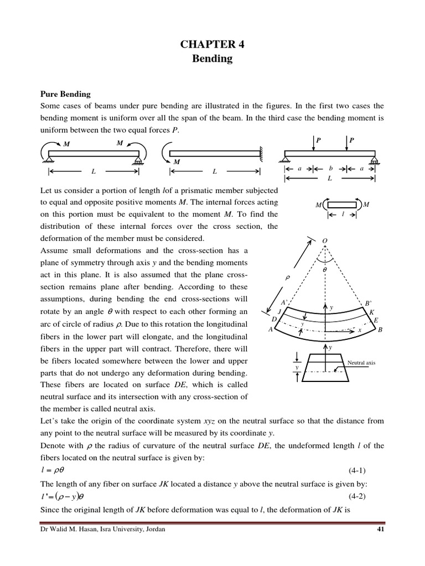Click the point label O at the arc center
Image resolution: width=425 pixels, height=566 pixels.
point(324,241)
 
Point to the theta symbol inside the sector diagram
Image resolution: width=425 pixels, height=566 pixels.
point(325,269)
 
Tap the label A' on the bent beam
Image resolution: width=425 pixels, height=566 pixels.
point(283,303)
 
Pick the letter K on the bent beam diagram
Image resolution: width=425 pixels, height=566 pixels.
point(372,312)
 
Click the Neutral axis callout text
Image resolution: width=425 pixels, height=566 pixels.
point(361,363)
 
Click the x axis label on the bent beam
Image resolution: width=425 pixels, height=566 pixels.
point(360,330)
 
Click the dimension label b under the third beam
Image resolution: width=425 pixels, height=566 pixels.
point(330,169)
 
